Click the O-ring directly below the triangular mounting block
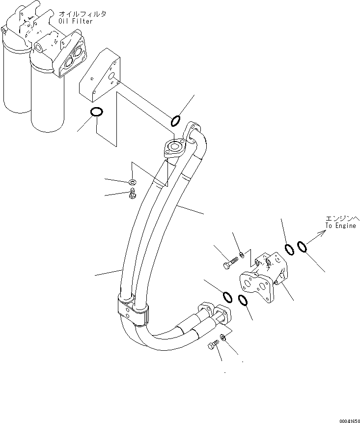pyautogui.click(x=97, y=113)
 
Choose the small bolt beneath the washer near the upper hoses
pyautogui.click(x=133, y=195)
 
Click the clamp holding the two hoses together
pyautogui.click(x=133, y=310)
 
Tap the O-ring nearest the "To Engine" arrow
pyautogui.click(x=302, y=246)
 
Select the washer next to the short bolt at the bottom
pyautogui.click(x=222, y=337)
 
